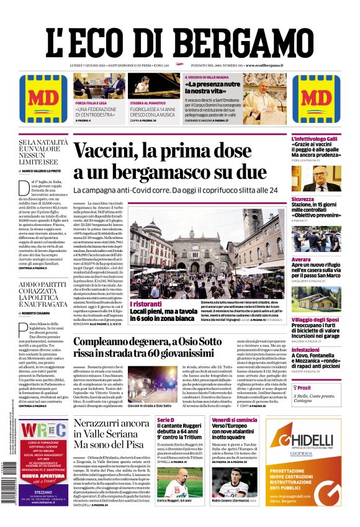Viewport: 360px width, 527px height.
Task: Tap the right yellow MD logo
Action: [x=321, y=99]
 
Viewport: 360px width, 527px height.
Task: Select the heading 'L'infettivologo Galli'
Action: [x=315, y=139]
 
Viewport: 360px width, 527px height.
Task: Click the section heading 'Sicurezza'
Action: [x=303, y=199]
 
